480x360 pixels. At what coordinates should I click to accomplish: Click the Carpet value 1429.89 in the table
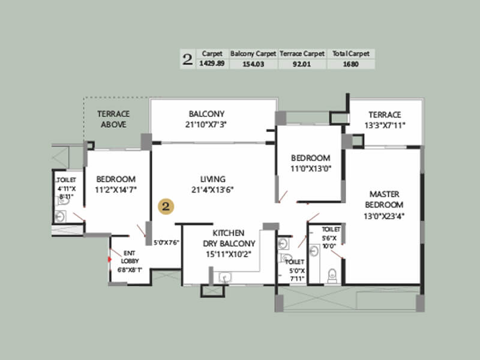coord(211,64)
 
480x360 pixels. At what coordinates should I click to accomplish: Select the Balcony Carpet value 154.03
coord(253,64)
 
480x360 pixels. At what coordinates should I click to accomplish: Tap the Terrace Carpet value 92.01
coord(302,64)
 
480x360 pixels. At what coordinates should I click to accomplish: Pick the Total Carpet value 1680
coord(350,64)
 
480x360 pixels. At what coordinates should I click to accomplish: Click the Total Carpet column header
coord(350,53)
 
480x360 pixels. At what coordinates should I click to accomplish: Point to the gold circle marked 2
coord(166,206)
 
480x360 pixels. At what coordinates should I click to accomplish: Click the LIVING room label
coord(212,179)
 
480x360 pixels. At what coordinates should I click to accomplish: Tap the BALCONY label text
coord(206,114)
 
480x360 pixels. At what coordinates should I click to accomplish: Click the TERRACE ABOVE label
coord(113,119)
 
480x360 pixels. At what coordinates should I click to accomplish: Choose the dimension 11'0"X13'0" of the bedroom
coord(311,169)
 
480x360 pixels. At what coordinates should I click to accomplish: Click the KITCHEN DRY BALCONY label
coord(228,238)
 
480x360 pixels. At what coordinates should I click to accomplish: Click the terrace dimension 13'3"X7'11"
coord(385,125)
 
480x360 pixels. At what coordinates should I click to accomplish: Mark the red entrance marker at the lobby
coord(109,260)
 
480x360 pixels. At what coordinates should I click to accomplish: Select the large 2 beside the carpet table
coord(188,59)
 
